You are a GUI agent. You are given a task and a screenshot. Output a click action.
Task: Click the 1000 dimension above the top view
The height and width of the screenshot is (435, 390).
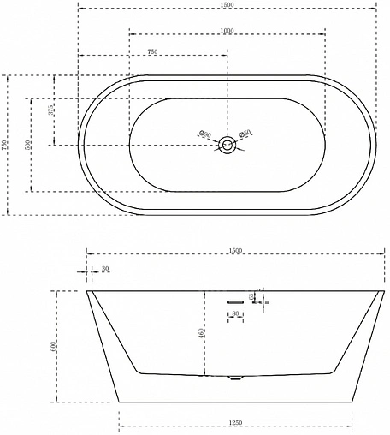(227, 30)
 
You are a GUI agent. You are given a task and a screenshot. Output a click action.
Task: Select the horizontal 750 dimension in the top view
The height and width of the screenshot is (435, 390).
(151, 52)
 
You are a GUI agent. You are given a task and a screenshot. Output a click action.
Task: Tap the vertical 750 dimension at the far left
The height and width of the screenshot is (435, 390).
(6, 146)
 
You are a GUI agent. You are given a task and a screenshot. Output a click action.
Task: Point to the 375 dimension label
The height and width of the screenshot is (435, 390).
(51, 110)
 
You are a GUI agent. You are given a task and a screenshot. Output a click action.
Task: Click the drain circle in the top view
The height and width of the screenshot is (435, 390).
(227, 145)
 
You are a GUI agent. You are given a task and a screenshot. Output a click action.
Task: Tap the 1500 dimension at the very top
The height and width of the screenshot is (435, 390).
(227, 4)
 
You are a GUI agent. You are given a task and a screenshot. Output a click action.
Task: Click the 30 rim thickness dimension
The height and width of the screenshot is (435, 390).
(105, 270)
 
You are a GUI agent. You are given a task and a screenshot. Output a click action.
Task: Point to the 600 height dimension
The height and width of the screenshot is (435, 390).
(53, 346)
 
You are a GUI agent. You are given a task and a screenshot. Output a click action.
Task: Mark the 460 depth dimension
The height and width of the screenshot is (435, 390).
(201, 333)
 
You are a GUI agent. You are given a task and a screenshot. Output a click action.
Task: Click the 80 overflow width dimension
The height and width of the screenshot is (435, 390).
(235, 314)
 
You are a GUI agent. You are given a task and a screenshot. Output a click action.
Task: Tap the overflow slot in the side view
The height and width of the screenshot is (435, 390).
(235, 301)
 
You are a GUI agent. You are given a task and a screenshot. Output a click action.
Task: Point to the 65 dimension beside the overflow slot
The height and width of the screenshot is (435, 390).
(252, 296)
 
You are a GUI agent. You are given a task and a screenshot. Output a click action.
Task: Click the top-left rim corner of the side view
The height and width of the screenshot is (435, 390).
(88, 291)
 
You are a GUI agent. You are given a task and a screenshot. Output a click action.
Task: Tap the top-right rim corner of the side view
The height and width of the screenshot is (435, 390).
(381, 291)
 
